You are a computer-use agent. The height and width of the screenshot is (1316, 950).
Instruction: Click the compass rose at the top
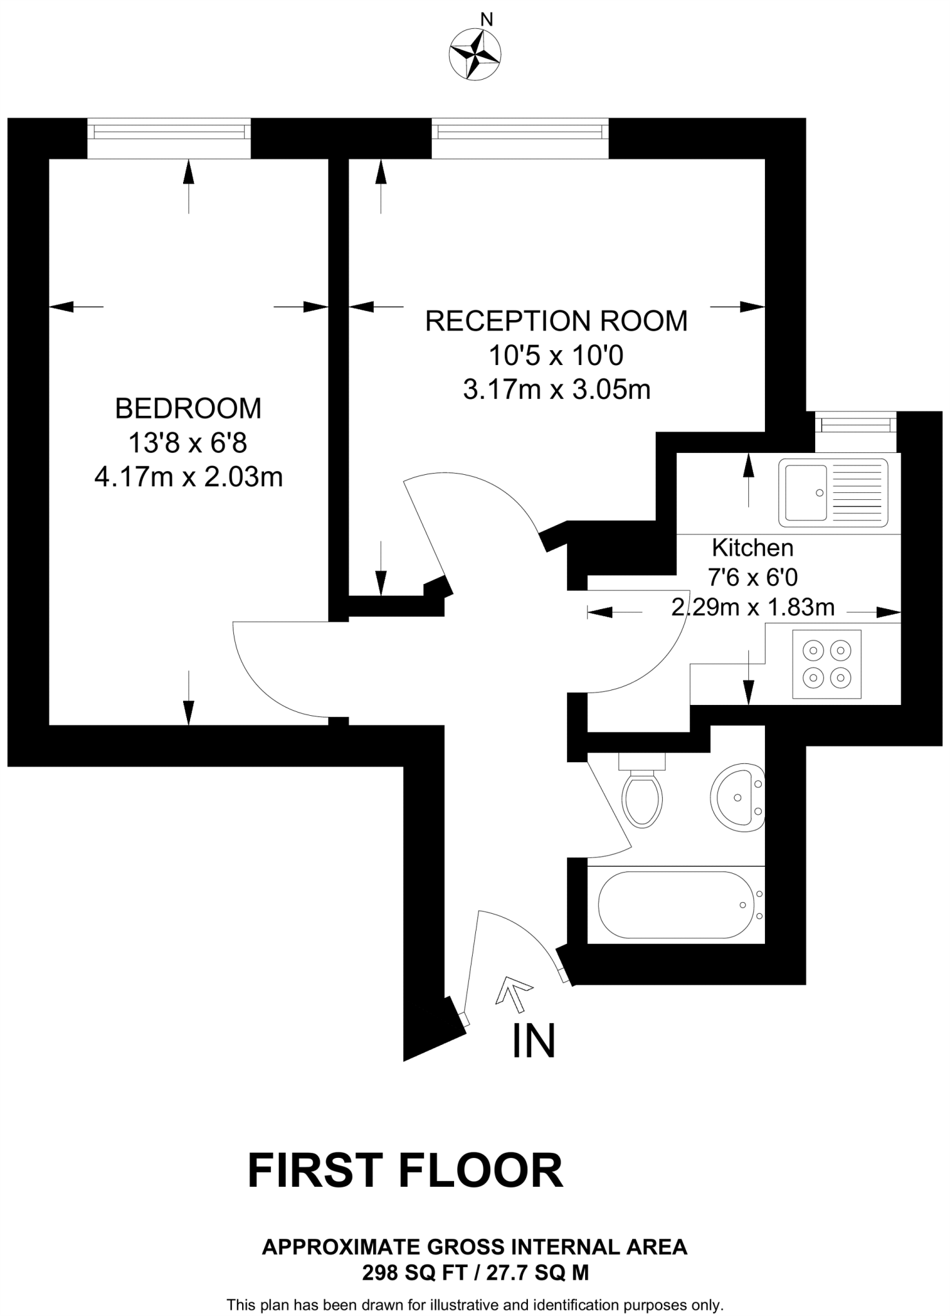[475, 55]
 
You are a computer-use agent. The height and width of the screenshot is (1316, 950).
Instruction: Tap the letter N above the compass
[487, 20]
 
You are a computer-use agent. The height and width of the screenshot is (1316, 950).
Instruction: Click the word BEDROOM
[188, 409]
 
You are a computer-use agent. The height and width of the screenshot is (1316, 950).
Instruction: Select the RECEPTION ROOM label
[556, 321]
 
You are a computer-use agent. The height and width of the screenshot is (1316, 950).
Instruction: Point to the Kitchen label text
[753, 547]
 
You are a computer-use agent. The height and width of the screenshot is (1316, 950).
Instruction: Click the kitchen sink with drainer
[833, 493]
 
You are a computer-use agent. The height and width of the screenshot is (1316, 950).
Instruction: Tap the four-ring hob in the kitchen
[827, 664]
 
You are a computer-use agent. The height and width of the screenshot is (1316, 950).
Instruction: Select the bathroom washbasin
[737, 797]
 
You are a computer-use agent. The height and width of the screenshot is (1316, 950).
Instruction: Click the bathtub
[676, 905]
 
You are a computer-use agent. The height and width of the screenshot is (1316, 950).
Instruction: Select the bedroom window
[169, 132]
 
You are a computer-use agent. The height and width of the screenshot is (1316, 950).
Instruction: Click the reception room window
[520, 132]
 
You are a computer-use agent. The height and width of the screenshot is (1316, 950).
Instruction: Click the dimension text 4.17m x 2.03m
[188, 477]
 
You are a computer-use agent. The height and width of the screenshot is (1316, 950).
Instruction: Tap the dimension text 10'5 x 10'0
[556, 355]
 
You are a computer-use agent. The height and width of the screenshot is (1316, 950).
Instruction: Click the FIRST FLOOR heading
[405, 1171]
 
